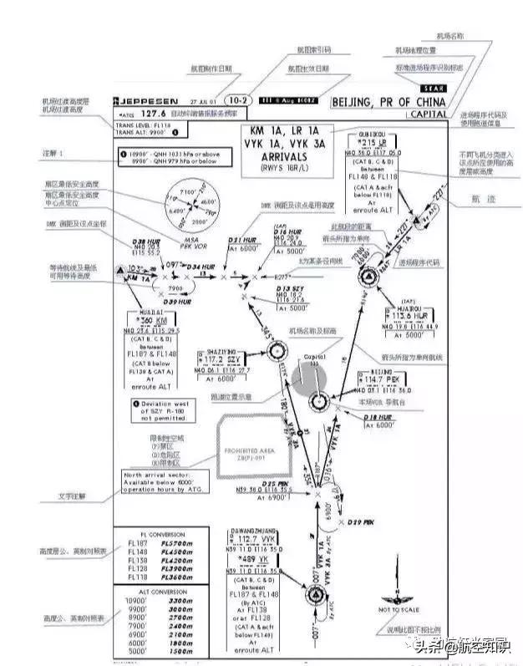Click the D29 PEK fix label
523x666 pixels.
click(x=361, y=521)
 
